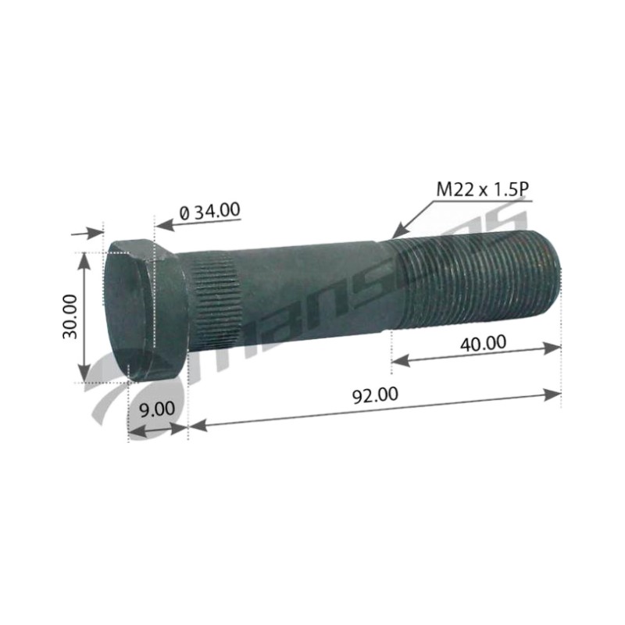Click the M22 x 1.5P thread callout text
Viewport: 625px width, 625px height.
(x=484, y=189)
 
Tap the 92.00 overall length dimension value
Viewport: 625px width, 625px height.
(x=375, y=395)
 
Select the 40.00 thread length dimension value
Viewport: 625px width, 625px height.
(x=483, y=343)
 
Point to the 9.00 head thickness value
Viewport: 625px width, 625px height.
(x=157, y=409)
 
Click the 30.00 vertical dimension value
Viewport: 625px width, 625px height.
(x=70, y=316)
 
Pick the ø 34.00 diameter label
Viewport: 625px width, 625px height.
(x=210, y=211)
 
